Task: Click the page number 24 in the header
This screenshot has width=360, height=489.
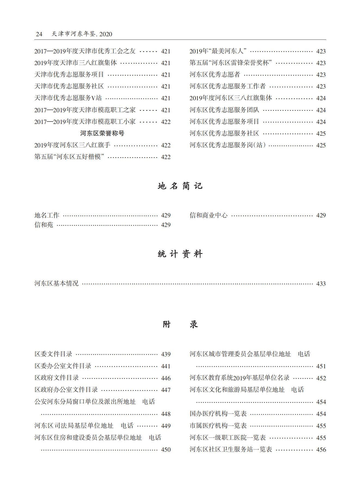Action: click(x=39, y=34)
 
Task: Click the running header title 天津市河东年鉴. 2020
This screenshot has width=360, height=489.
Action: click(x=82, y=34)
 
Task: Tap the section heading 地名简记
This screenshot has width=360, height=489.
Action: click(x=180, y=186)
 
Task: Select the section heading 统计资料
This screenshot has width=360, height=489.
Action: click(x=180, y=254)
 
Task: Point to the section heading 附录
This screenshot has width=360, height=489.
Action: click(x=180, y=324)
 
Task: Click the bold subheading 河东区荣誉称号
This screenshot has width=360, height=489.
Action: click(x=102, y=133)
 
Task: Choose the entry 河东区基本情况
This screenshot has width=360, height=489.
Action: click(x=56, y=283)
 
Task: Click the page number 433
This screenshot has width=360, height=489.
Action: click(x=321, y=284)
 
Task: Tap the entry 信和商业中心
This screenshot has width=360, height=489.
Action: click(x=208, y=215)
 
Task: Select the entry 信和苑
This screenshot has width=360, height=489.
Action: click(x=44, y=225)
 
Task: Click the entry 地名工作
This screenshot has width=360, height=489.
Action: click(x=47, y=215)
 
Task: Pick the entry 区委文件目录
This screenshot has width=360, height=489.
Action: click(x=53, y=354)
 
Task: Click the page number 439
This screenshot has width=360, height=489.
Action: click(x=166, y=354)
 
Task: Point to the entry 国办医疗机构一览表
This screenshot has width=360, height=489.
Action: click(x=218, y=414)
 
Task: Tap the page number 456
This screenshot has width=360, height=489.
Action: click(x=321, y=449)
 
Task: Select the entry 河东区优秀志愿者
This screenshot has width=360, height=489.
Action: click(x=215, y=74)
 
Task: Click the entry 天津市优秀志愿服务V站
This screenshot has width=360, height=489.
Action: click(x=68, y=98)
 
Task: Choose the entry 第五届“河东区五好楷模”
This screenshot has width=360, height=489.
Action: click(x=69, y=157)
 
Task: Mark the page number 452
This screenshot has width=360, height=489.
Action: click(x=321, y=378)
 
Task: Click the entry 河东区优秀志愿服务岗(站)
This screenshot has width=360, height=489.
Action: click(x=227, y=145)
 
